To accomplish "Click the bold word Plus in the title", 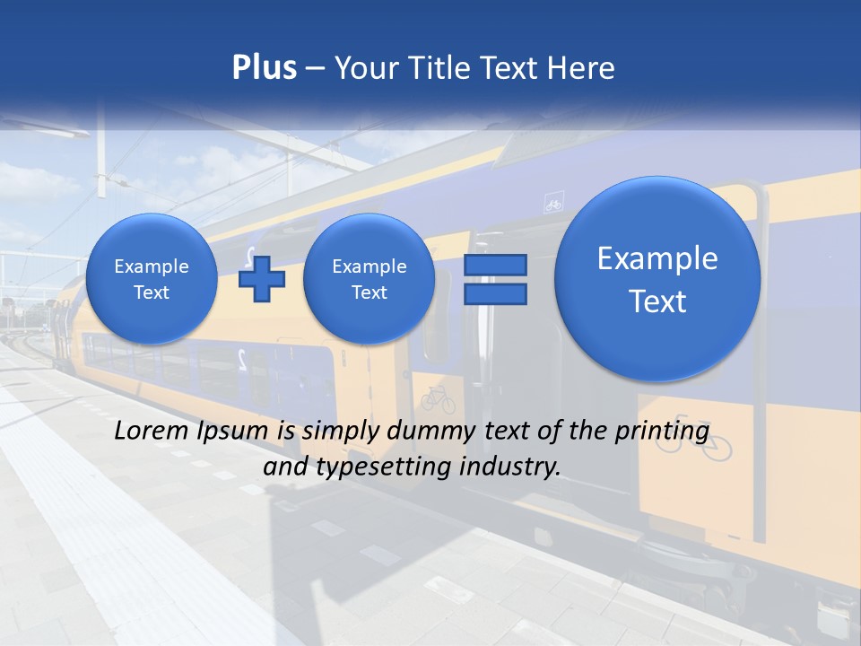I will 264,68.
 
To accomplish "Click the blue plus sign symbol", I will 262,279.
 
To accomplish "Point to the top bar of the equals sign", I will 495,265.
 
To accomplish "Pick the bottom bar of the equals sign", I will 495,293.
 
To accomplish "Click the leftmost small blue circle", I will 152,279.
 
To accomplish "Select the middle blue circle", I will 369,279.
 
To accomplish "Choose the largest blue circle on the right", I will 657,279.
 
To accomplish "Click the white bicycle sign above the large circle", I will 554,205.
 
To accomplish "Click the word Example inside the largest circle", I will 657,258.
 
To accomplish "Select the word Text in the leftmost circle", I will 152,292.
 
